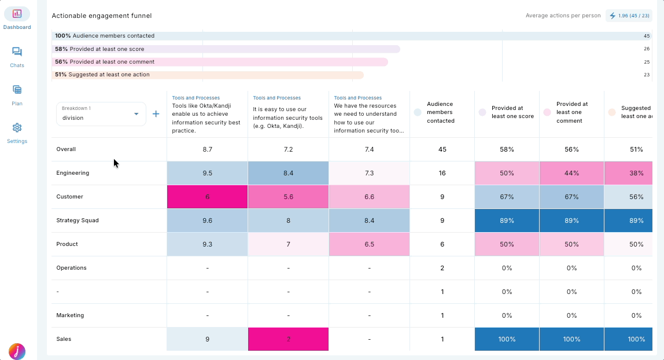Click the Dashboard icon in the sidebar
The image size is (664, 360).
(x=17, y=14)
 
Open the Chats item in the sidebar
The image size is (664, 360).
(x=17, y=52)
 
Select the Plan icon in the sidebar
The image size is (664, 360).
(x=17, y=90)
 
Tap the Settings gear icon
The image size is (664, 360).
(x=17, y=128)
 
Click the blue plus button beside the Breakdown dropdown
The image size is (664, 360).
(x=156, y=114)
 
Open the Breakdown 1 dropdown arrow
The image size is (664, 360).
(x=137, y=114)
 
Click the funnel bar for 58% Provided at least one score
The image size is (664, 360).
(x=226, y=49)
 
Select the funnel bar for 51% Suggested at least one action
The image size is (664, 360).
(x=208, y=75)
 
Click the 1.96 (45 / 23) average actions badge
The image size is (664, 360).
(x=629, y=16)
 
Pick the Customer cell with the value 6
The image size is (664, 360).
(x=207, y=197)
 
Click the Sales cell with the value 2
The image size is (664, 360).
(x=288, y=339)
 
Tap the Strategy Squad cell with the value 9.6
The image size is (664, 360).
(x=207, y=221)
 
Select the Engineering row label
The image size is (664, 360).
(x=73, y=173)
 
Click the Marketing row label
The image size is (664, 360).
(x=70, y=315)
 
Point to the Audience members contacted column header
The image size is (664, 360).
(x=440, y=112)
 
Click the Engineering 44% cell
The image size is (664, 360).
(x=571, y=173)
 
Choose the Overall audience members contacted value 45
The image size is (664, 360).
(x=442, y=149)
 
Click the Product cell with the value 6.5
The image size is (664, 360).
(x=369, y=244)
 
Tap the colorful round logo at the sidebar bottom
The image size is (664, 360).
(x=17, y=351)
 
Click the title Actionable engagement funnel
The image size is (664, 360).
(x=102, y=16)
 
